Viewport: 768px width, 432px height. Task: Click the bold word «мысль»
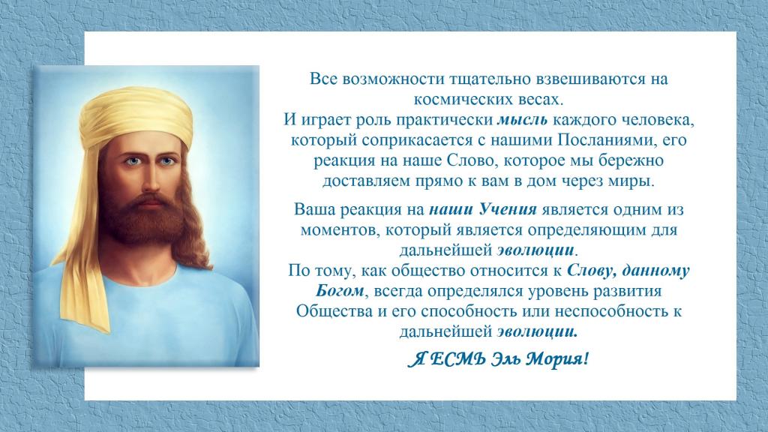coord(522,120)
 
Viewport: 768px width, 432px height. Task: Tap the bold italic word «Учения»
coord(508,210)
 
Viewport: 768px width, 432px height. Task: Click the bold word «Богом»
coord(340,291)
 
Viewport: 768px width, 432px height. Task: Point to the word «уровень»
coord(558,292)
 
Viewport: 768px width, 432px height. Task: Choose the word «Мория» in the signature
coord(557,359)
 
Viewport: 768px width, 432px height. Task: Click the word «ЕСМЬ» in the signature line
coord(459,359)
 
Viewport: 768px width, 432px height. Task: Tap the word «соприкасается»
coord(418,140)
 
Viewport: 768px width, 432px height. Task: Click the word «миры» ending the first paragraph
coord(634,181)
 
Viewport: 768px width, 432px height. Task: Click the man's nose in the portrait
coord(149,179)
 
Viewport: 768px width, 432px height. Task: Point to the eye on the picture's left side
coord(132,161)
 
